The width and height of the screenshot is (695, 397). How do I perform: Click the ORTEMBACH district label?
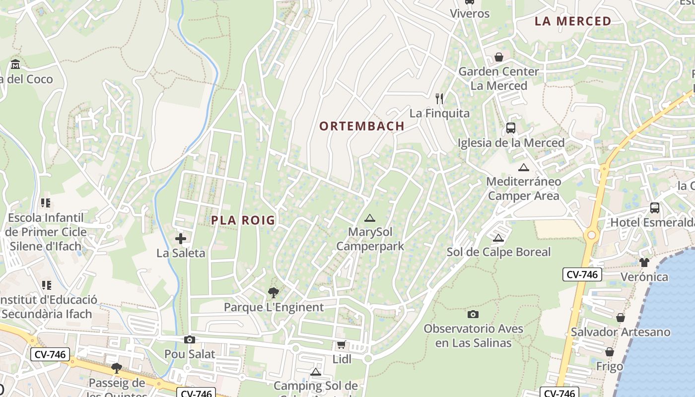click(x=362, y=126)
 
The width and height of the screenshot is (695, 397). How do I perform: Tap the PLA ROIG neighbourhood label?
click(x=243, y=220)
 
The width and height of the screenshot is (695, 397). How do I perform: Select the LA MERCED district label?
click(x=573, y=21)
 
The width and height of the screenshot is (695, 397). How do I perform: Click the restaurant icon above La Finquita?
click(x=439, y=98)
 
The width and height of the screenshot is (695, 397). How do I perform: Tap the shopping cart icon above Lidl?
click(x=341, y=344)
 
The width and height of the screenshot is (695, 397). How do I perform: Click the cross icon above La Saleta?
click(x=181, y=239)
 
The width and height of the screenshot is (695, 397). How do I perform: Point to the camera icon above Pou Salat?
click(x=189, y=340)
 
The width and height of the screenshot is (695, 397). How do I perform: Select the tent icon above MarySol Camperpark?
click(x=369, y=218)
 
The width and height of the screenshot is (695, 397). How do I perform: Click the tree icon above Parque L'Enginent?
click(x=273, y=293)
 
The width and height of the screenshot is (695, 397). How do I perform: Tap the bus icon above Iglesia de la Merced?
click(x=511, y=128)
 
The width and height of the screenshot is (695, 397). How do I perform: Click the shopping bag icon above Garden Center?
click(x=499, y=57)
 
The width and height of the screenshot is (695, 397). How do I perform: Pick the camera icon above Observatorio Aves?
click(x=473, y=314)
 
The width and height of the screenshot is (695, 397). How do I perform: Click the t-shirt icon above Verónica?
click(x=644, y=263)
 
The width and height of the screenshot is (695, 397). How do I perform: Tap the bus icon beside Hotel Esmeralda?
click(x=655, y=208)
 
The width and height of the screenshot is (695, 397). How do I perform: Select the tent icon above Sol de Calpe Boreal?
click(x=498, y=238)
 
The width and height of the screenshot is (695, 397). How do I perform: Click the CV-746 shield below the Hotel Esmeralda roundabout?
click(x=582, y=274)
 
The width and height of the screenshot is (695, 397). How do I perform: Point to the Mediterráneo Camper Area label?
click(x=524, y=189)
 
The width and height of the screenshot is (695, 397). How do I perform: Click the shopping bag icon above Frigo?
click(x=610, y=352)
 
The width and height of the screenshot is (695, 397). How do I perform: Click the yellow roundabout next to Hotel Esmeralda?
click(x=591, y=235)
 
